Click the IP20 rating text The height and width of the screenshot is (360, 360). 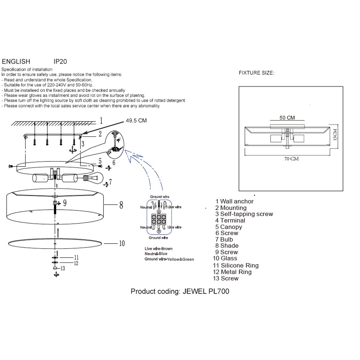click(60, 61)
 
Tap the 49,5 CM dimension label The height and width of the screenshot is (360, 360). click(136, 121)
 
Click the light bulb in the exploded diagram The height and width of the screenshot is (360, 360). click(95, 178)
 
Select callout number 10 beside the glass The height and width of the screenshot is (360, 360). click(122, 243)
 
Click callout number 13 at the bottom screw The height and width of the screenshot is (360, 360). click(63, 268)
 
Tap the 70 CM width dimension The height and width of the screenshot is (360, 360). click(291, 159)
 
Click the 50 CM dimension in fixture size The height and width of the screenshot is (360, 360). click(287, 118)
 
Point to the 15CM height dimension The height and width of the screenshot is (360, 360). click(335, 134)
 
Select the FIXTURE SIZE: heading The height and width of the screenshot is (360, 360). click(256, 73)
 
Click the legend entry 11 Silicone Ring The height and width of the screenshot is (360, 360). click(236, 265)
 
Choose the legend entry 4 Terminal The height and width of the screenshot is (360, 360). click(230, 220)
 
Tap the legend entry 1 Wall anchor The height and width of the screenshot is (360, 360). click(234, 202)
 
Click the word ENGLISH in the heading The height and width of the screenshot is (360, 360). click(16, 61)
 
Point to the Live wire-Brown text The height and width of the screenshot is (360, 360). click(158, 249)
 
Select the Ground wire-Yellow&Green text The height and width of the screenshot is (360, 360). click(169, 259)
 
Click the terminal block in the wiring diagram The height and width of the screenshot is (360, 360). click(158, 219)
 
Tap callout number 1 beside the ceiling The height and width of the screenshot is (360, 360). click(101, 121)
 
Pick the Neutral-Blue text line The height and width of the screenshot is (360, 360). click(156, 254)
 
